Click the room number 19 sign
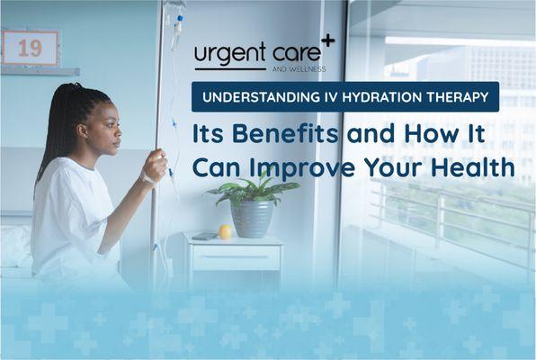(30, 48)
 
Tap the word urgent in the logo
(228, 55)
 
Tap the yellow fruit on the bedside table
(225, 232)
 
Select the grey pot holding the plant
(253, 219)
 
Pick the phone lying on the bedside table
(203, 237)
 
